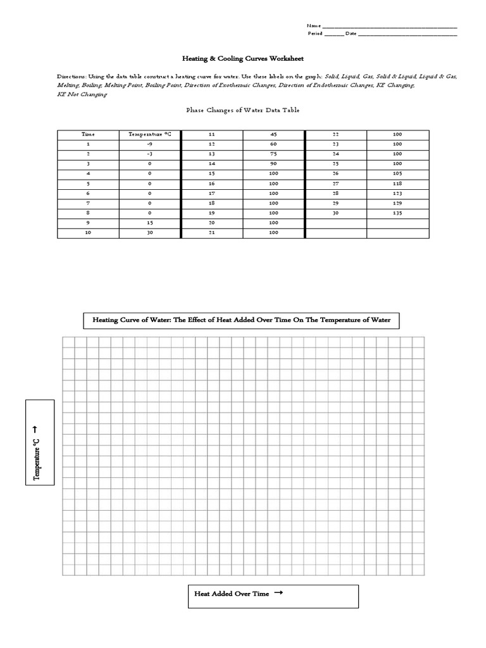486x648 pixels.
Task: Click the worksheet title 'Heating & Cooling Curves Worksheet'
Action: click(x=243, y=58)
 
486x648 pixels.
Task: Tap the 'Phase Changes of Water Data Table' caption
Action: click(x=242, y=110)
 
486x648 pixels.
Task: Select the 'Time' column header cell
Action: click(x=88, y=134)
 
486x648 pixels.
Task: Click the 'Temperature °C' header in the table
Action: click(x=149, y=134)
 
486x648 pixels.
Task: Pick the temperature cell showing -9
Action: click(x=149, y=144)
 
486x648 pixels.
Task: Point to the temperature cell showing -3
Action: click(x=149, y=154)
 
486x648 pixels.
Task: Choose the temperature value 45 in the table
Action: click(x=273, y=134)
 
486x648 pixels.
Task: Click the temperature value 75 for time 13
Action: click(x=273, y=154)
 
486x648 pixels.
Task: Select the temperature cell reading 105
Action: click(x=397, y=174)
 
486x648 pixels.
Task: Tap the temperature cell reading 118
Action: click(x=397, y=184)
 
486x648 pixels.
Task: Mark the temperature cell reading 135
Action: click(x=397, y=214)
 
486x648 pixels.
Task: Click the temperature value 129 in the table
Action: click(x=397, y=204)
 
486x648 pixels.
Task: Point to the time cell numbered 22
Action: click(x=335, y=134)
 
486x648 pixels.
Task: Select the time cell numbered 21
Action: click(x=211, y=234)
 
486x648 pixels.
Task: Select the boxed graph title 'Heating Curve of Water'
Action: click(x=241, y=320)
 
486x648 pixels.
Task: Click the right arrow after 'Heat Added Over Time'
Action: click(x=278, y=593)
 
